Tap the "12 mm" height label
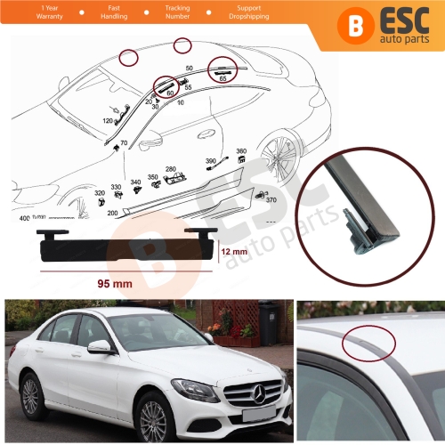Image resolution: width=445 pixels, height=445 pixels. (x=232, y=253)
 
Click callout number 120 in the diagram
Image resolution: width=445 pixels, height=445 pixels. (x=108, y=120)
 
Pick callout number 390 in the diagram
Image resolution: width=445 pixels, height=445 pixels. (x=211, y=161)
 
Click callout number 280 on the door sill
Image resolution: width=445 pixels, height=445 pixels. (x=170, y=169)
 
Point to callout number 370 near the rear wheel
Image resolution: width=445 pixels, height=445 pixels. (x=271, y=201)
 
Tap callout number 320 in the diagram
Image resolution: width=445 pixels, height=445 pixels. (x=99, y=192)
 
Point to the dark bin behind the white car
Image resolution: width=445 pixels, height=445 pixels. (x=268, y=322)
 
